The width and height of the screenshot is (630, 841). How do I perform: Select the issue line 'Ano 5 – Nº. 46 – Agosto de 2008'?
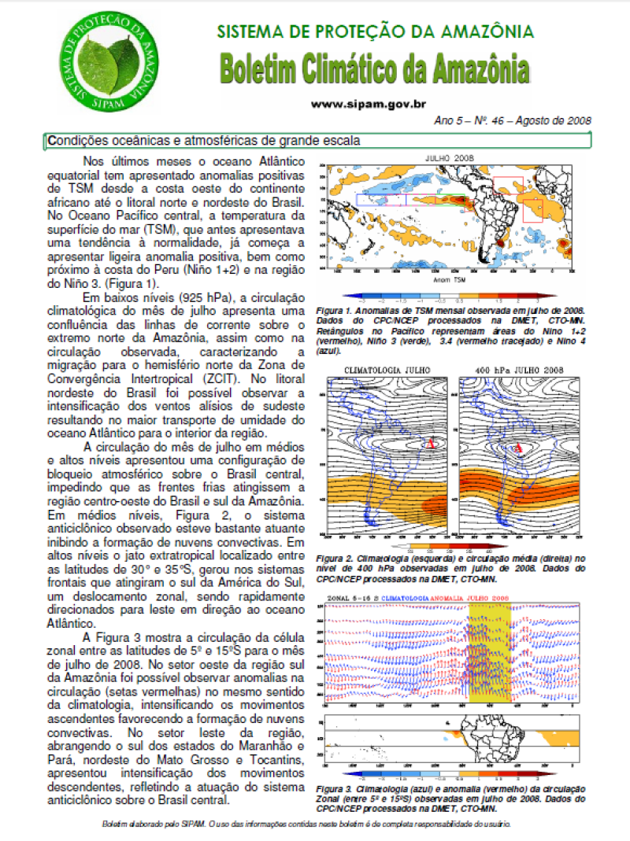pos(512,122)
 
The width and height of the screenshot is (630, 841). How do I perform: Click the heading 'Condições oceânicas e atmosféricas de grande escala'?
pos(205,142)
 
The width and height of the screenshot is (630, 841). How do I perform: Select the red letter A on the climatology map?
pos(430,445)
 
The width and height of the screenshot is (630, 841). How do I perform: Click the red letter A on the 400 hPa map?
pos(518,449)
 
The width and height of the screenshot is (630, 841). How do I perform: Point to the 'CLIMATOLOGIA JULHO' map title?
pos(386,371)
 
